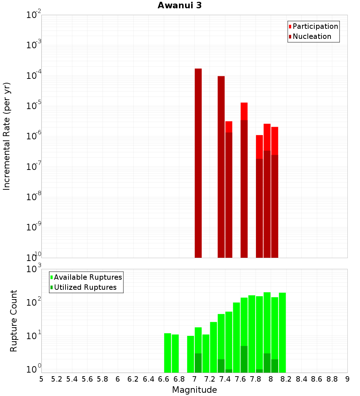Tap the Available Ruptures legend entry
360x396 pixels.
tap(87, 277)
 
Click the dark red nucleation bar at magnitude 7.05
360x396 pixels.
tap(198, 162)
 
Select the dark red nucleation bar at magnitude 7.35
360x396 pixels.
tap(221, 166)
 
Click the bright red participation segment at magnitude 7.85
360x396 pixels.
tap(259, 147)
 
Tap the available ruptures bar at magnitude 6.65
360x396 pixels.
tap(167, 353)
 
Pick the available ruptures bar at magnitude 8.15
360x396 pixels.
tap(282, 331)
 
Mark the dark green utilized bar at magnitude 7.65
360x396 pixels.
tap(244, 359)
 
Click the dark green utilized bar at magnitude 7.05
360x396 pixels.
tap(198, 363)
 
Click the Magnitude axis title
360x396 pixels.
tap(194, 390)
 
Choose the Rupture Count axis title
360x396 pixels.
tap(14, 320)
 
